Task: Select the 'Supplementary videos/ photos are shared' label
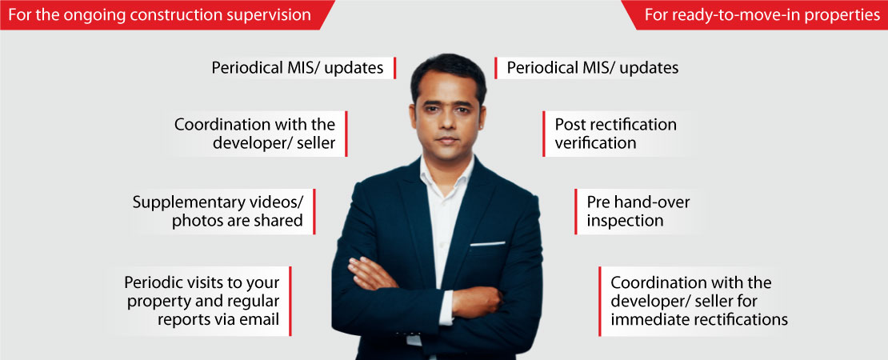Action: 224,211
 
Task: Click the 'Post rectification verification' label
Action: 614,134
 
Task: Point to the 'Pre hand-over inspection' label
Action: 637,211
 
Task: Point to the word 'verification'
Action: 595,142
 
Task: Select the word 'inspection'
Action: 625,220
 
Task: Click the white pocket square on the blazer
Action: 488,244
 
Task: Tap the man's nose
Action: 447,125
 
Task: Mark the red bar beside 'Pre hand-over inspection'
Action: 575,211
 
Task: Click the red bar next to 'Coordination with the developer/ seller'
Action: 346,134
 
